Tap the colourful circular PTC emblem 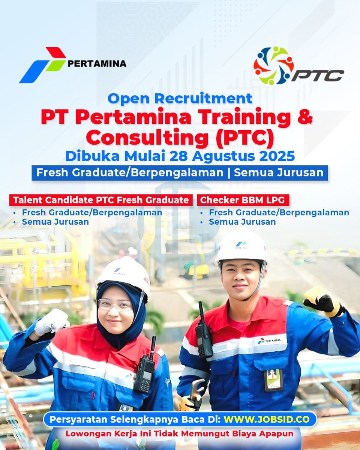click(x=273, y=65)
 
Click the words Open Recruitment click(x=180, y=98)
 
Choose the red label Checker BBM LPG click(x=244, y=200)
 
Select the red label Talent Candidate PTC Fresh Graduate click(x=101, y=200)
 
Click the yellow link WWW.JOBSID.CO click(x=267, y=419)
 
